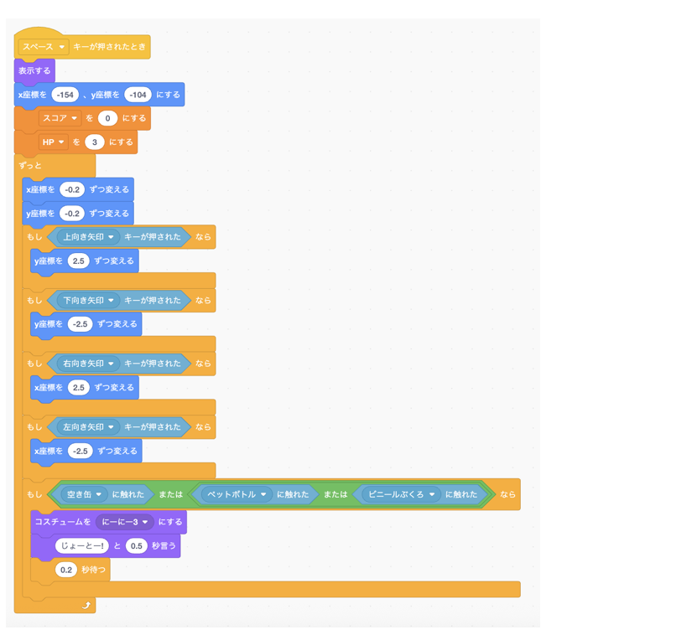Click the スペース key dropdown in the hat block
tap(44, 47)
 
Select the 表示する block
tap(34, 71)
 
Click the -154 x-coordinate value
tap(65, 95)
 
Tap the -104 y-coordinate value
tap(138, 95)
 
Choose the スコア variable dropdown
tap(60, 118)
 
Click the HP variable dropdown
tap(54, 142)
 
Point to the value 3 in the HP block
tap(95, 142)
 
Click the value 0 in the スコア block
tap(107, 118)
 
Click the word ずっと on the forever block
tap(30, 165)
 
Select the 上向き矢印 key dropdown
tap(89, 237)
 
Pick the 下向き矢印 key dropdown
tap(89, 300)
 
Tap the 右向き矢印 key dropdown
tap(89, 364)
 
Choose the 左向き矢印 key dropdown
tap(89, 427)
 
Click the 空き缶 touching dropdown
tap(84, 494)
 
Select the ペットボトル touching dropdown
tap(237, 494)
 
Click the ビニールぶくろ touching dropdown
tap(401, 494)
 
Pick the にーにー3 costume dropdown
tap(125, 522)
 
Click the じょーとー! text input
tap(82, 545)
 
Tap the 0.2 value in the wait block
tap(66, 570)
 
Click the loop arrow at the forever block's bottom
tap(86, 605)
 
